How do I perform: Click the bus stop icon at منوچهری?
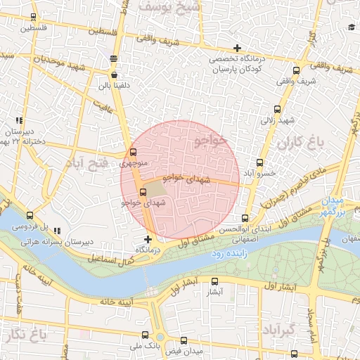(x=133, y=153)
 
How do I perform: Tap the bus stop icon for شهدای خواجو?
(x=143, y=191)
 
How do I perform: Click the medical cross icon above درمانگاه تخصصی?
(x=238, y=49)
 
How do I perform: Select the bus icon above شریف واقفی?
(x=296, y=70)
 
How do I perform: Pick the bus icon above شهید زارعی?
(x=277, y=109)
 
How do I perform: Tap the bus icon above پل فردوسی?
(x=30, y=216)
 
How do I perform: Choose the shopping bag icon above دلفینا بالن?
(x=114, y=75)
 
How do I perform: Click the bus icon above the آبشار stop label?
(x=215, y=279)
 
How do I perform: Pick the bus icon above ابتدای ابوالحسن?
(x=245, y=218)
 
